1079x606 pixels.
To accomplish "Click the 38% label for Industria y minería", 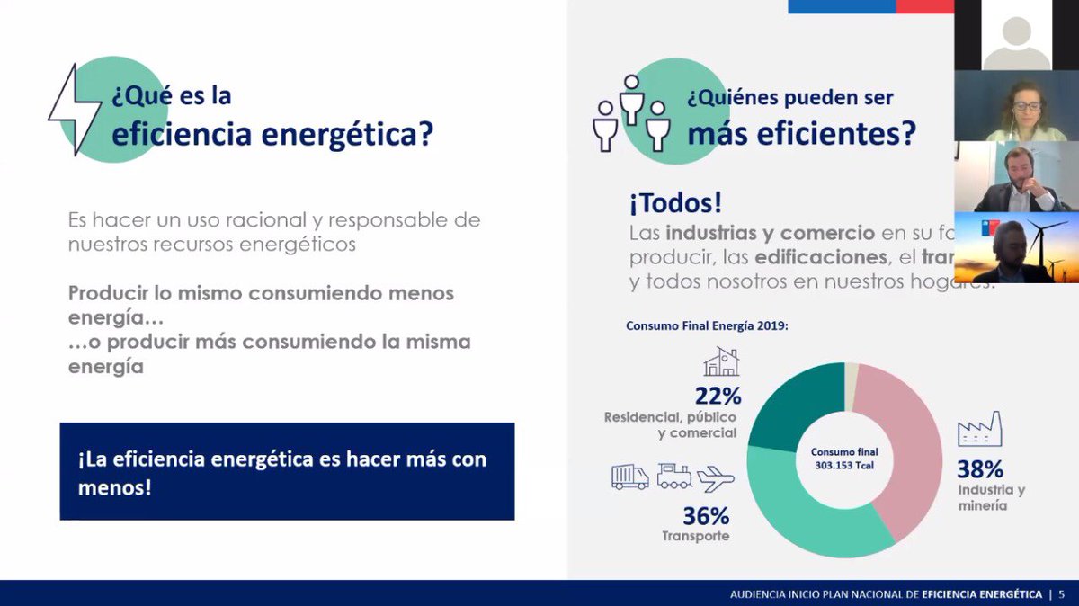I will coord(980,468).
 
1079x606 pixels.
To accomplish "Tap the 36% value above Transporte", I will coord(705,516).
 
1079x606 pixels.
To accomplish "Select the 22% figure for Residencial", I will coord(717,396).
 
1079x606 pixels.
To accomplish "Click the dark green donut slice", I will coord(787,405).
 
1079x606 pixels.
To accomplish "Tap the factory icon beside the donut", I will coord(980,430).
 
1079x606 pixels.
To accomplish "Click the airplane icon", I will coord(716,477).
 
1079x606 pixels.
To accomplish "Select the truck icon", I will coord(629,477).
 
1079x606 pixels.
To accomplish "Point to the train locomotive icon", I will coord(674,476).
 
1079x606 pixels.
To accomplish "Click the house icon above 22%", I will coord(721,362).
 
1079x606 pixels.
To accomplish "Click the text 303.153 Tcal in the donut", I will coord(843,465).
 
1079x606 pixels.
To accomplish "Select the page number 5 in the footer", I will coord(1061,594).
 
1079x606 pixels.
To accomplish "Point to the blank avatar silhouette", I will coord(1016,40).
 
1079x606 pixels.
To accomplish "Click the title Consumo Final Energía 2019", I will coord(707,325).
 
